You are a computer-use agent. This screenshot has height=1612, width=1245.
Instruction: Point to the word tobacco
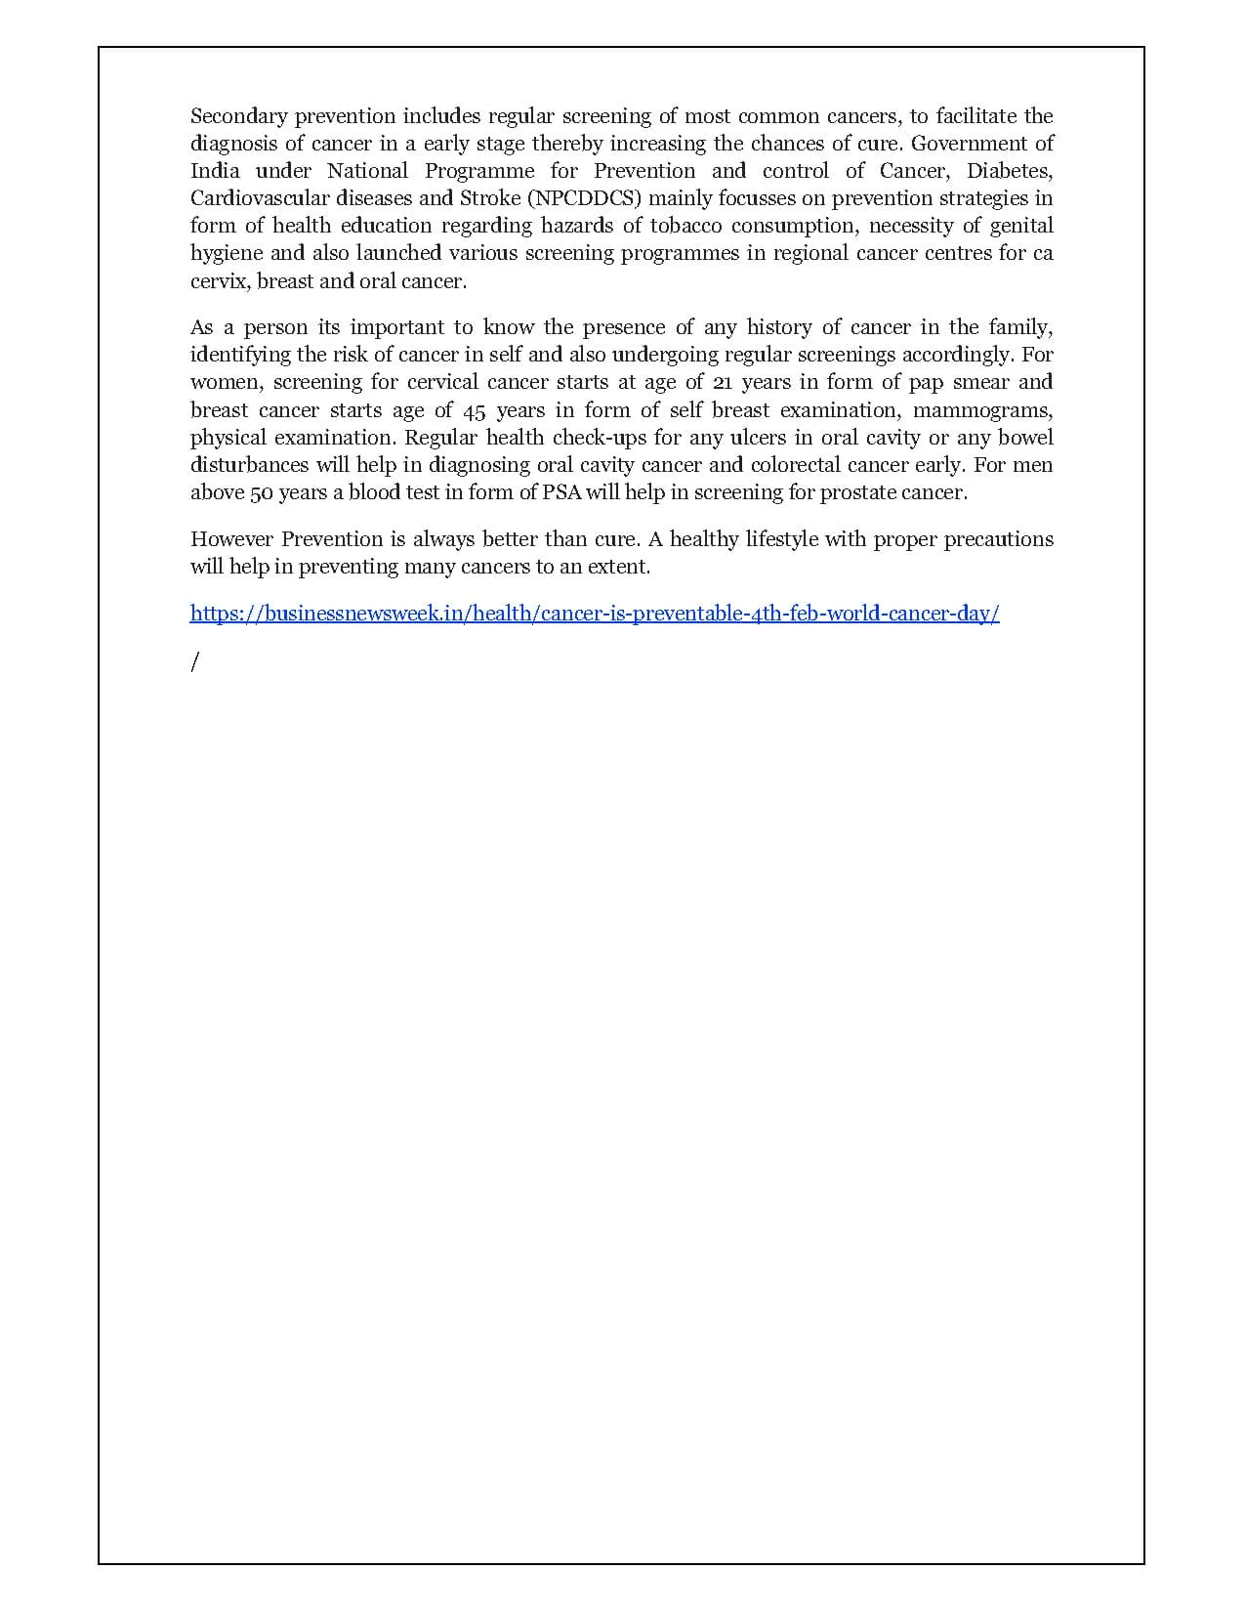coord(687,226)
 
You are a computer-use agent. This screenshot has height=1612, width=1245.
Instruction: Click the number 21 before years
coord(724,382)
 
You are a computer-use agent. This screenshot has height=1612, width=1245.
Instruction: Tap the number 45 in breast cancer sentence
coord(474,410)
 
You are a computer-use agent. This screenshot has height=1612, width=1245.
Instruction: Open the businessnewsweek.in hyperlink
coord(594,614)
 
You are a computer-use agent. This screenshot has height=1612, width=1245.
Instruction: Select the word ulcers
coord(758,438)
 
